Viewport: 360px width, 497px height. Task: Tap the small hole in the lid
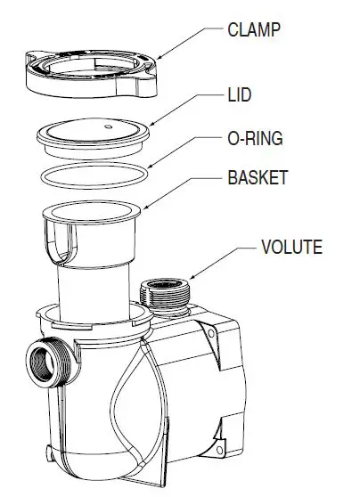(x=107, y=126)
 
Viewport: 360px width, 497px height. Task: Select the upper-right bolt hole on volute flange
(x=211, y=331)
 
